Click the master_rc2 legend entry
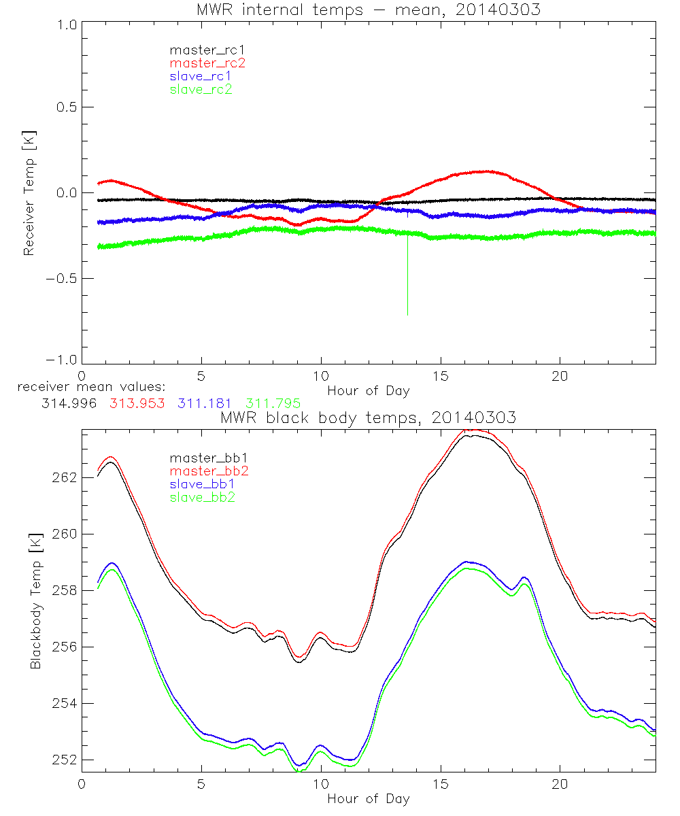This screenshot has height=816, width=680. click(x=207, y=63)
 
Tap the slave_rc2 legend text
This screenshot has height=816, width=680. click(x=201, y=89)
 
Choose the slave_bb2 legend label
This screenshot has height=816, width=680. click(x=203, y=498)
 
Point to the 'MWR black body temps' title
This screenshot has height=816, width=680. click(x=368, y=418)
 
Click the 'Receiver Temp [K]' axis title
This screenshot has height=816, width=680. click(x=29, y=193)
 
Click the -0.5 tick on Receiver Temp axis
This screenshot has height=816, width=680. click(x=63, y=278)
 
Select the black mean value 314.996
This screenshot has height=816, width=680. click(x=67, y=404)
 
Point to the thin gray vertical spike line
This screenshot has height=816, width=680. click(x=407, y=272)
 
